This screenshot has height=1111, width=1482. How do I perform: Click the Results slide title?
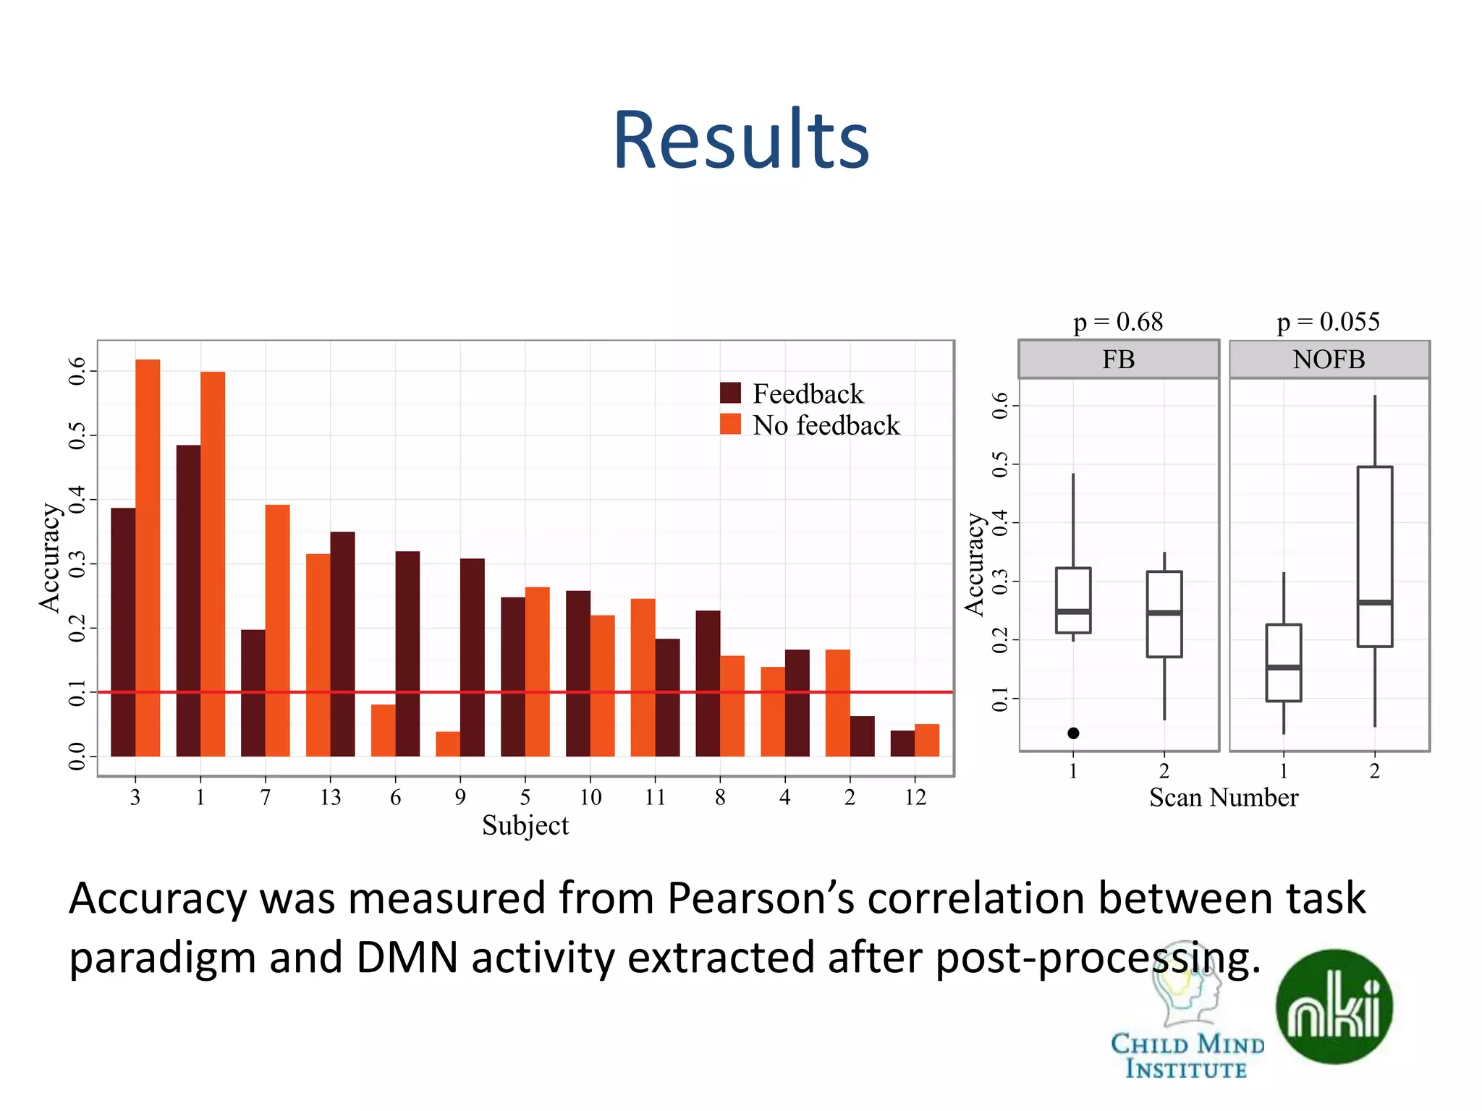740,140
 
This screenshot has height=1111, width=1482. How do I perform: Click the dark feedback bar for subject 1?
188,600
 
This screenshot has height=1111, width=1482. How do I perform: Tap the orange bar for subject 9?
447,744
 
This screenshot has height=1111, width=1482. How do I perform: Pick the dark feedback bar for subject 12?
902,744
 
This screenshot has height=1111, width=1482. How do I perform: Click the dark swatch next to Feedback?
730,393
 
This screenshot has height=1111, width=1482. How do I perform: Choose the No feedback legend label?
826,425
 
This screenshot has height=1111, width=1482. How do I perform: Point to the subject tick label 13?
330,797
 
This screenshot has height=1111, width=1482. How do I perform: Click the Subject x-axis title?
525,825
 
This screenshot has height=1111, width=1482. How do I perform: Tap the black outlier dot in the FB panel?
1073,733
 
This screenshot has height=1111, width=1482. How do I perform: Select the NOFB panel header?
1329,359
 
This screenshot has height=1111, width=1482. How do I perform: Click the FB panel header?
1118,359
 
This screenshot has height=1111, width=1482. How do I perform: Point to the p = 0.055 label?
1328,321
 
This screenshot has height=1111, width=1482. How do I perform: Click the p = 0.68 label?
1118,321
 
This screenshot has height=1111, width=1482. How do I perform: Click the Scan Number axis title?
1224,797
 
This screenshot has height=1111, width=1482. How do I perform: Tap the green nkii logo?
1334,1006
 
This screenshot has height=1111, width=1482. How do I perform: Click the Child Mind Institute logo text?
1187,1056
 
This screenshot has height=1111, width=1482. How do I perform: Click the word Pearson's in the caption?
760,899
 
